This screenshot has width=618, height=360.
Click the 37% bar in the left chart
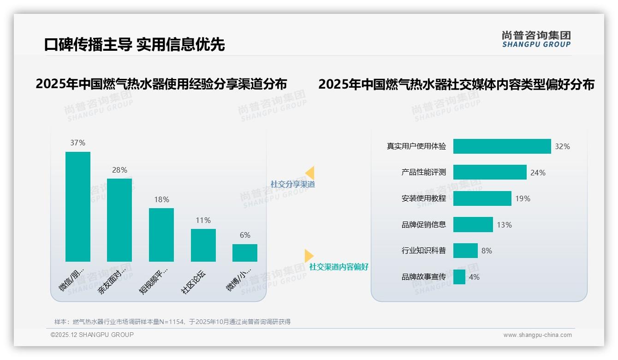(x=78, y=206)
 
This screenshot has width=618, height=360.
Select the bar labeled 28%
(x=119, y=220)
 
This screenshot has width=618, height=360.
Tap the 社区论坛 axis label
(x=193, y=282)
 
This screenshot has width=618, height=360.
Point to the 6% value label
(x=245, y=235)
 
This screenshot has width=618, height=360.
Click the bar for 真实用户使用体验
(x=502, y=146)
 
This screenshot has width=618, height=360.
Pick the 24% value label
(x=538, y=173)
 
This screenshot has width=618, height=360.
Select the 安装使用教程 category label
(x=423, y=198)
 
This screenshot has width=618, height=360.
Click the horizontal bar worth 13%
(x=473, y=225)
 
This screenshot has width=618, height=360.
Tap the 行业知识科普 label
(x=423, y=251)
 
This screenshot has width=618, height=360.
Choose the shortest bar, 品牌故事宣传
(x=459, y=277)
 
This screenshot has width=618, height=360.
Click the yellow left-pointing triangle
(x=310, y=173)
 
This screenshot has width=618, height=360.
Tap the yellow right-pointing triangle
(x=309, y=256)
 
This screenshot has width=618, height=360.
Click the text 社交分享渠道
(x=292, y=184)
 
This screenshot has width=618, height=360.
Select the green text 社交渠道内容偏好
(x=339, y=267)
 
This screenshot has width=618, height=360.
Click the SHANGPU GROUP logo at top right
(x=536, y=39)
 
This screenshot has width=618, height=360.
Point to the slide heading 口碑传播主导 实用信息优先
(x=134, y=44)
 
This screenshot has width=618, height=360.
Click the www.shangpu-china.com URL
(x=537, y=335)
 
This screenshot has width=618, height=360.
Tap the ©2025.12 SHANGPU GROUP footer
(x=92, y=335)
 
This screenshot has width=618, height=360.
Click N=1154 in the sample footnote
(x=171, y=322)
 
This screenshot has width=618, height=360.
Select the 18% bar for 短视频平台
(x=161, y=234)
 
